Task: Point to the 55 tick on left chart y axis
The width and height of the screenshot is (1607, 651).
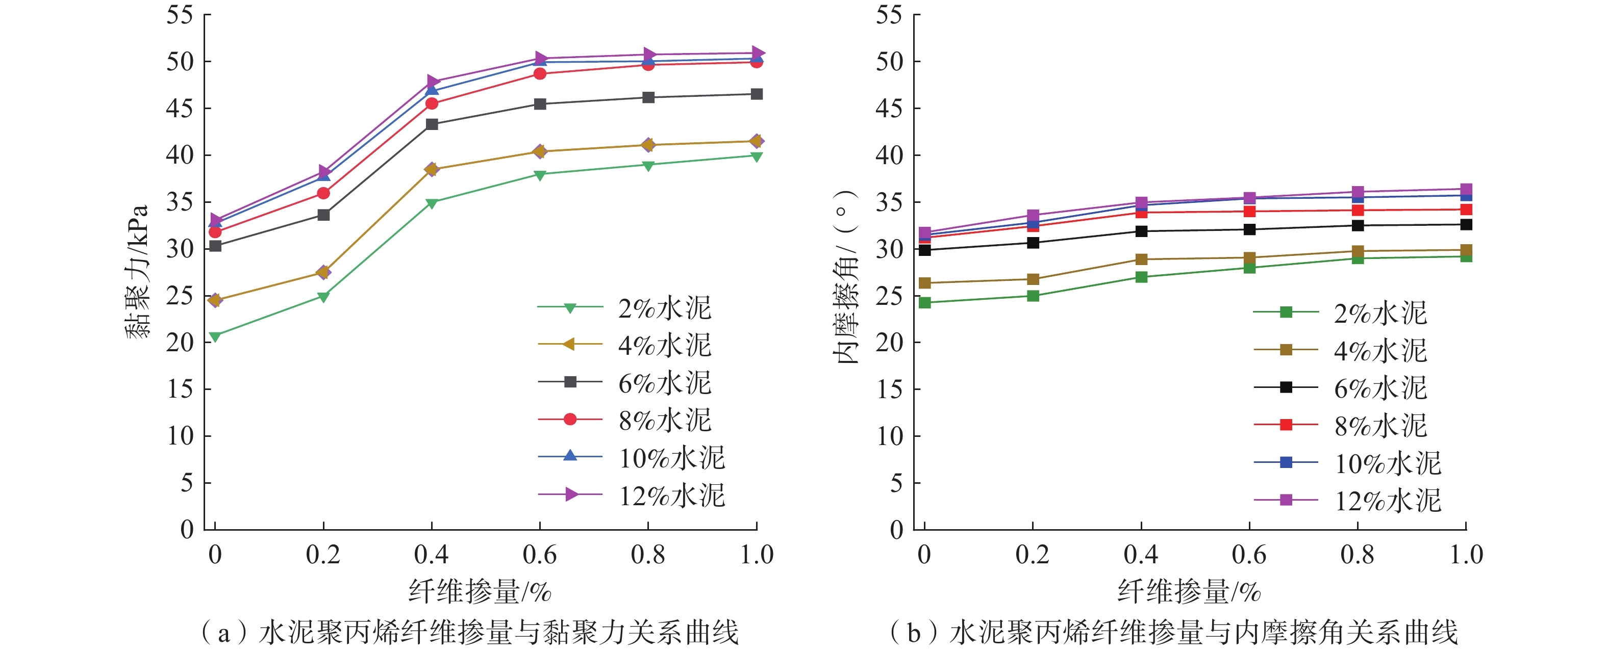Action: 180,15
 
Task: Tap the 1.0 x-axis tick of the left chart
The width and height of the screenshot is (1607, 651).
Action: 757,554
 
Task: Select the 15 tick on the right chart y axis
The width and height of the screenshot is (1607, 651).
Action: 890,389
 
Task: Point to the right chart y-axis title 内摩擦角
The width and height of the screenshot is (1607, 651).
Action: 846,277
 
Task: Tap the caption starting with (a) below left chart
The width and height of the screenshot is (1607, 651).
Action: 469,632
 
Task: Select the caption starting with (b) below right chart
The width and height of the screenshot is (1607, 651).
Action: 1173,632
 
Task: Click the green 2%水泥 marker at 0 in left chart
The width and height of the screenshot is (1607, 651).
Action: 215,337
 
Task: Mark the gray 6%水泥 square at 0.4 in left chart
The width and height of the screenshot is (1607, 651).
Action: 432,124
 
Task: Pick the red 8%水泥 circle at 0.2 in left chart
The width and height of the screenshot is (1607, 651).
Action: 323,193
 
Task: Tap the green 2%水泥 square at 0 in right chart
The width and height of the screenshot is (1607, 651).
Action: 924,303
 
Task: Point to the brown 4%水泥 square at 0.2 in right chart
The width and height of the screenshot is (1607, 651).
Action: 1033,279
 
